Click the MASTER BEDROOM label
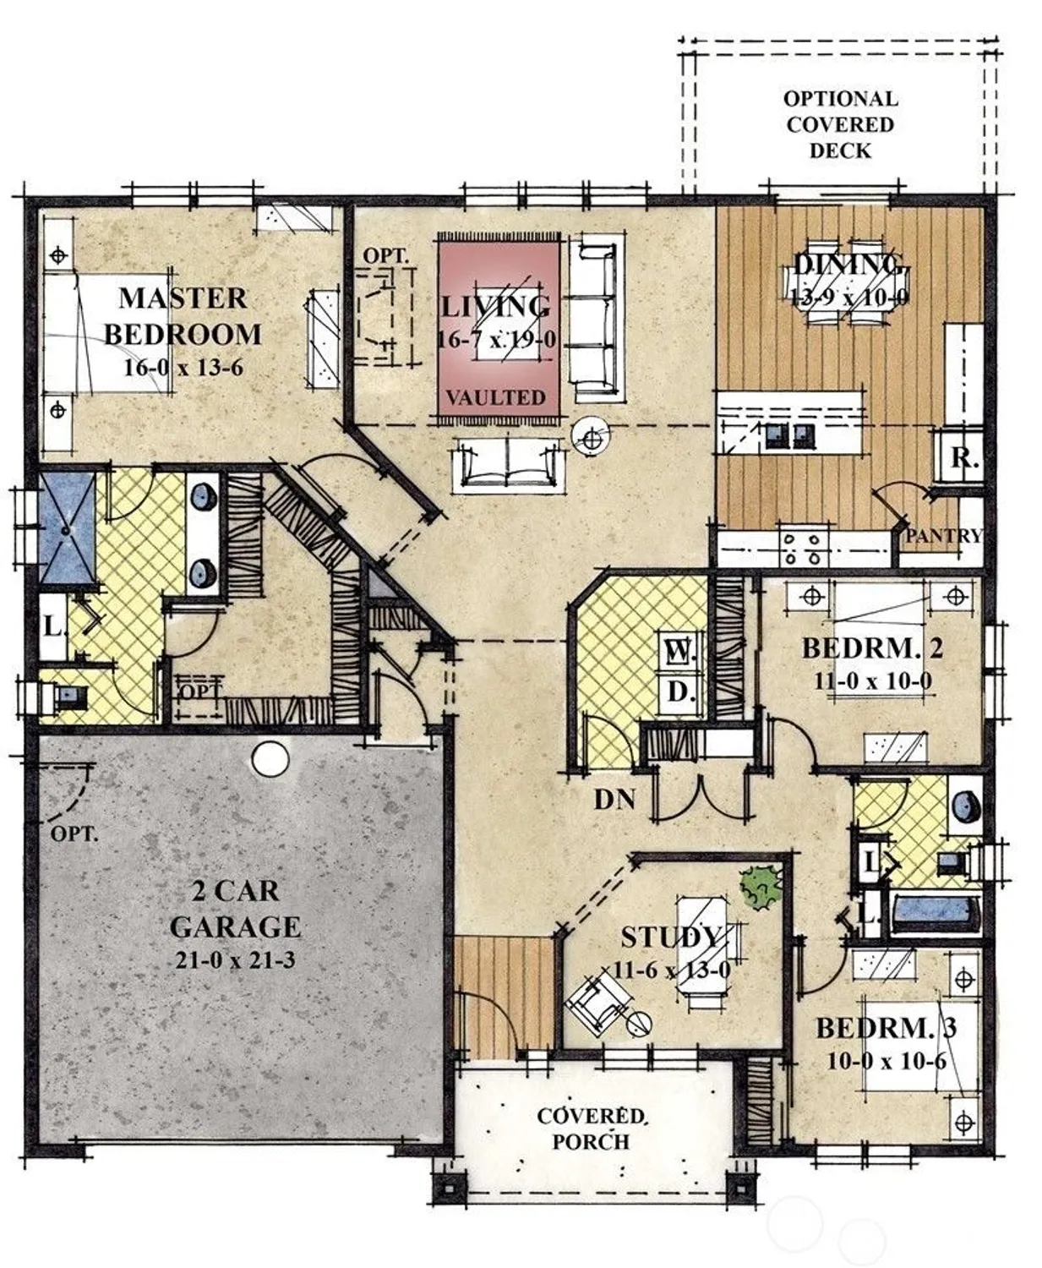click(182, 316)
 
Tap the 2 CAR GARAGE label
click(234, 909)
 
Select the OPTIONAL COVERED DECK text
click(839, 124)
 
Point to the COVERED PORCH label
click(592, 1129)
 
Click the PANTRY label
click(943, 536)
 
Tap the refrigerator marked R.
click(963, 458)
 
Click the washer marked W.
click(680, 652)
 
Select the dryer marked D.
click(680, 692)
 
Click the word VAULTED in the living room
click(495, 397)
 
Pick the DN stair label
click(614, 799)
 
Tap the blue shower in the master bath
click(68, 527)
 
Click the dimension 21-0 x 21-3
click(235, 959)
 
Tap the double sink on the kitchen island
click(789, 435)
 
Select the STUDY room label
click(672, 937)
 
